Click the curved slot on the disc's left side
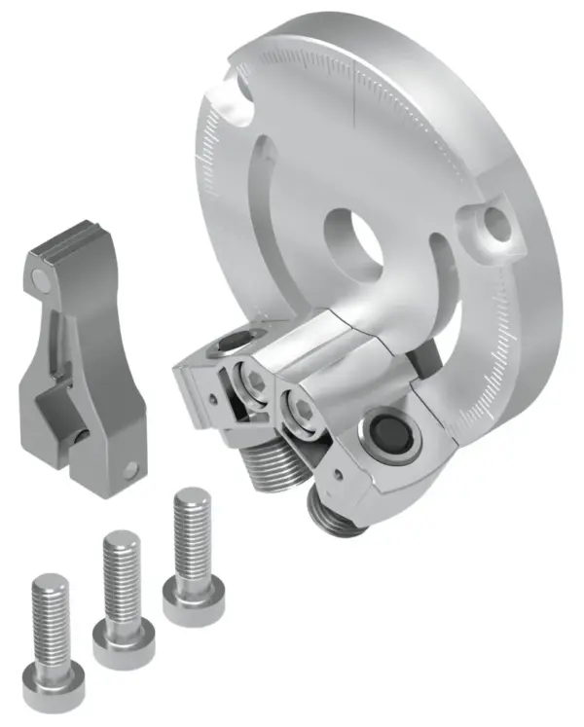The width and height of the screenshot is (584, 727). (255, 195)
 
